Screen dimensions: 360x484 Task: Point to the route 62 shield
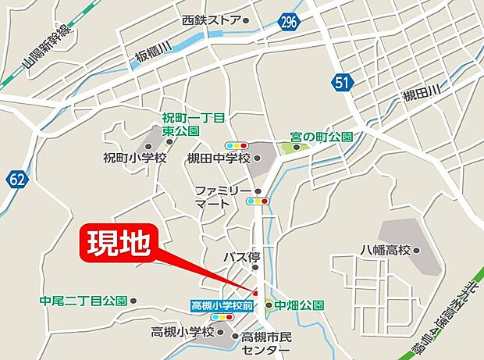(x=18, y=180)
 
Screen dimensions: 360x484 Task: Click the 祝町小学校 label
(x=135, y=158)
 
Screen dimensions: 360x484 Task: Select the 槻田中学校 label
(x=219, y=159)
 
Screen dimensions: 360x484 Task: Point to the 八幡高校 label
(x=385, y=251)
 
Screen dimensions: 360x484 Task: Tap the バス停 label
(x=240, y=257)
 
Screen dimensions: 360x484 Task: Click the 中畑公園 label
(x=298, y=305)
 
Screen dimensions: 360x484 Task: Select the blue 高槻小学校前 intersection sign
(x=222, y=305)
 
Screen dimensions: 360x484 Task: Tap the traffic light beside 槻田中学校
(x=236, y=145)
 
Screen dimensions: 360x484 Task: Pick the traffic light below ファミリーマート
(x=257, y=201)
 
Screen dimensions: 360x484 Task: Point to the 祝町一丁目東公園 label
(x=194, y=123)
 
